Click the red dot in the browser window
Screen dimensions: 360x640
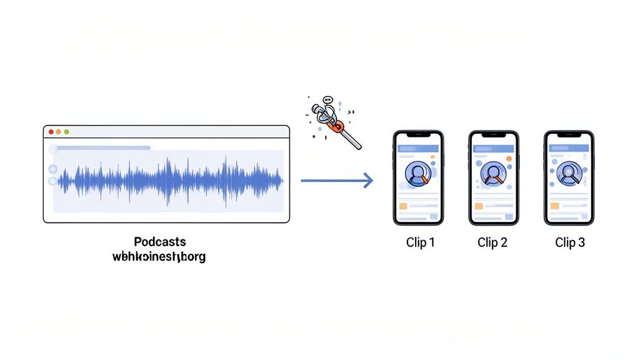tap(51, 132)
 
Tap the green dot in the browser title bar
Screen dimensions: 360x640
tap(66, 132)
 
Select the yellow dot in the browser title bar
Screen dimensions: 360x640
tap(59, 132)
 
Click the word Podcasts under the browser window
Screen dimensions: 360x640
tap(160, 242)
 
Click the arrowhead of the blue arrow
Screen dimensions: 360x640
tap(369, 181)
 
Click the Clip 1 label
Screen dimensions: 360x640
tap(420, 242)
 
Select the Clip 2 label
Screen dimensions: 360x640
tap(492, 242)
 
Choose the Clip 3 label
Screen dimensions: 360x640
tap(570, 242)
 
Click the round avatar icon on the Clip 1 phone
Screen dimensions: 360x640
tap(417, 174)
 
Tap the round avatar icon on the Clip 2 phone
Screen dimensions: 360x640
tap(493, 173)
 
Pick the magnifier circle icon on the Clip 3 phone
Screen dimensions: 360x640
tap(569, 172)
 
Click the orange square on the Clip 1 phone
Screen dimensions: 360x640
tap(403, 206)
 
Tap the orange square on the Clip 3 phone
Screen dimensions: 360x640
tap(554, 206)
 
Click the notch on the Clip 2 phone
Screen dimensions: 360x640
tap(493, 136)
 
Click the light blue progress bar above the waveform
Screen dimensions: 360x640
tap(103, 148)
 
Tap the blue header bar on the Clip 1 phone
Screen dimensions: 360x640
tap(418, 149)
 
